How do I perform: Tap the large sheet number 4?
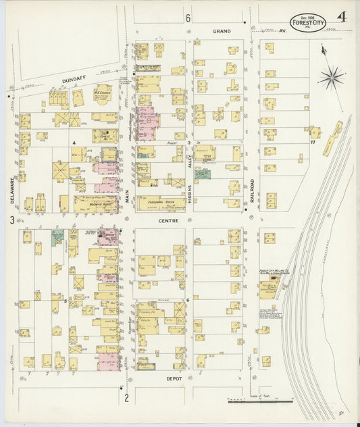[x=342, y=17]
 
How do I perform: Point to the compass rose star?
[x=330, y=77]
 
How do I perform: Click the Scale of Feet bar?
[x=260, y=401]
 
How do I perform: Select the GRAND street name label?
[x=222, y=31]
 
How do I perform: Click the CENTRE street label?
[x=168, y=220]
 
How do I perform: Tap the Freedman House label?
[x=158, y=201]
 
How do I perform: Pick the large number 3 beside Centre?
[x=11, y=220]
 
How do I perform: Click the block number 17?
[x=313, y=143]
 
